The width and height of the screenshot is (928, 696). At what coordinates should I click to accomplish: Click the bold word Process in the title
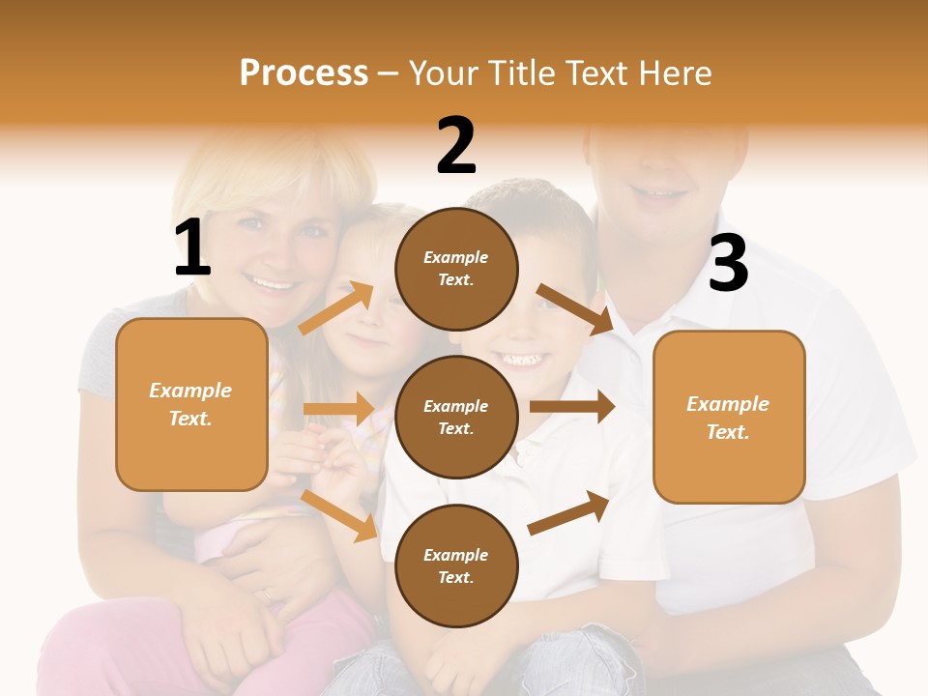(x=304, y=72)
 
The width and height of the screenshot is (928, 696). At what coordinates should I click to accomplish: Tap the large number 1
(x=192, y=248)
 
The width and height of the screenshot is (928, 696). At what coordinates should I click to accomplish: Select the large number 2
(x=456, y=146)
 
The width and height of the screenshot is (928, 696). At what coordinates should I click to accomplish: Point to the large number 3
(x=728, y=263)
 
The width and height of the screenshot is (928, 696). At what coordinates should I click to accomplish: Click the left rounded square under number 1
(x=191, y=404)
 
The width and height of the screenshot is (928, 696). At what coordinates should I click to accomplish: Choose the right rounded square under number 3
(x=729, y=417)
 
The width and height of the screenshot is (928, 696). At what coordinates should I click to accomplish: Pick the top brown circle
(x=456, y=268)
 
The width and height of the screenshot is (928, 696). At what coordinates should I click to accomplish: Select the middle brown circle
(x=456, y=417)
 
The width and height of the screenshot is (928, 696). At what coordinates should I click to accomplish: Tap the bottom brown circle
(x=456, y=565)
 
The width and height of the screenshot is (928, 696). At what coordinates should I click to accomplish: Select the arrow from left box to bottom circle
(x=339, y=515)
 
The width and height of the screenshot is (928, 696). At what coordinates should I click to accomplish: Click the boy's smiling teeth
(x=521, y=361)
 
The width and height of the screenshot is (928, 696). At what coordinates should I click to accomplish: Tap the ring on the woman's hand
(x=267, y=595)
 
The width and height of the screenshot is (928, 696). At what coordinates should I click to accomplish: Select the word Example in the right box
(x=728, y=403)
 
